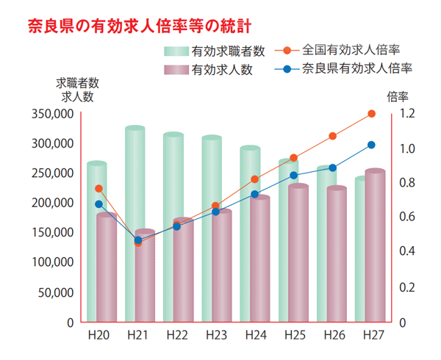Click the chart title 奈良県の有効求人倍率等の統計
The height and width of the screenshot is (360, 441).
[139, 27]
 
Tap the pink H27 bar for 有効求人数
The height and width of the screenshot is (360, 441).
[376, 246]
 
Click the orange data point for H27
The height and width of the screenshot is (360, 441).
[371, 113]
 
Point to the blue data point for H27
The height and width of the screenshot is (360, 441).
[371, 145]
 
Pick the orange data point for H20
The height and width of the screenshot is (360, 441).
[99, 189]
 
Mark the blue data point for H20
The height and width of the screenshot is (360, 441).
[99, 204]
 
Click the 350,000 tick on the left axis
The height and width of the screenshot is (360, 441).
[52, 114]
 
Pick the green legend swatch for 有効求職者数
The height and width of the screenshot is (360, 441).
[176, 51]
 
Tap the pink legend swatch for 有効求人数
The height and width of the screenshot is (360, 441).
[176, 71]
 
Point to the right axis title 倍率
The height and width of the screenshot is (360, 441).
[397, 96]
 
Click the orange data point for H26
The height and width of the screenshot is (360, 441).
[332, 136]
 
